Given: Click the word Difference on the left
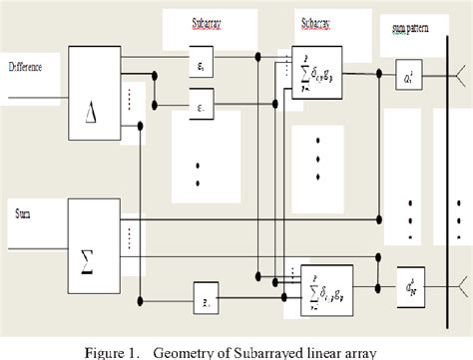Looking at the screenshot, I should click(31, 68).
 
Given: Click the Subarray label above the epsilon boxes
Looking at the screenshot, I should click(209, 21).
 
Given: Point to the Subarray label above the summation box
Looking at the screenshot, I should click(318, 21).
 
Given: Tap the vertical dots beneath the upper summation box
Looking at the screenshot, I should click(318, 145).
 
